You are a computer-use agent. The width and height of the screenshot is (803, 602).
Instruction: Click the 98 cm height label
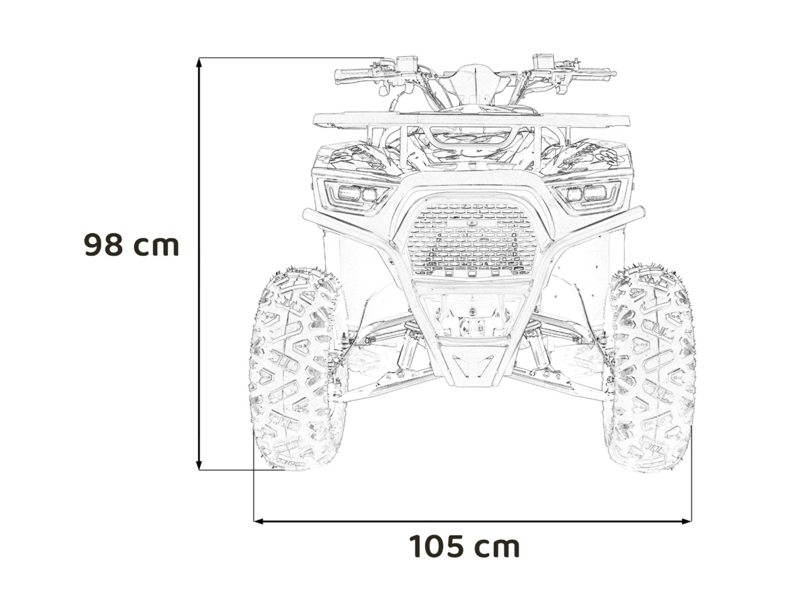(x=131, y=245)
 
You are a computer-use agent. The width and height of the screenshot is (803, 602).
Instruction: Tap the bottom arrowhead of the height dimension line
(x=199, y=465)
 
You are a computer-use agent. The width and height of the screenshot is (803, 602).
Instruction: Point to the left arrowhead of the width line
(x=259, y=521)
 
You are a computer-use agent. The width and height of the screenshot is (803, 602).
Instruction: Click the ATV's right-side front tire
(x=650, y=367)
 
